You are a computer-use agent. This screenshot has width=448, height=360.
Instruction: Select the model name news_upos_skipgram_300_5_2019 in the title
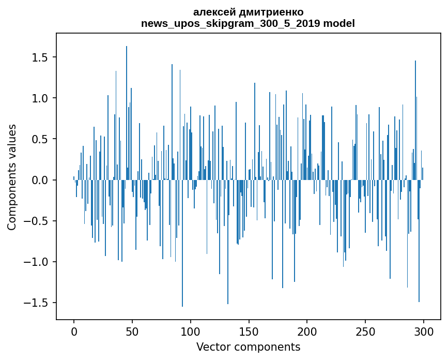(x=231, y=24)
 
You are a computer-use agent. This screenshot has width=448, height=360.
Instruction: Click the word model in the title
(x=339, y=24)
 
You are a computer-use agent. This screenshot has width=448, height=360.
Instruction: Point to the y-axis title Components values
(x=12, y=177)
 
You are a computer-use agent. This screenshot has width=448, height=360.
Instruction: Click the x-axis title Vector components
(x=248, y=347)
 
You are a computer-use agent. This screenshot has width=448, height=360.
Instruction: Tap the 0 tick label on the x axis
(x=74, y=330)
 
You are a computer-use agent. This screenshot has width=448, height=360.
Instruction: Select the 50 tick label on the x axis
(x=132, y=330)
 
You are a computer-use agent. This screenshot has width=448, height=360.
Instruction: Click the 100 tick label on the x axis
(x=191, y=330)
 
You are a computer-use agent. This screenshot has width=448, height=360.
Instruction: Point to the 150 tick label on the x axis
(x=249, y=330)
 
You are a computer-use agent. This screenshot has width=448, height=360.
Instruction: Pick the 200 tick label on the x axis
(x=307, y=330)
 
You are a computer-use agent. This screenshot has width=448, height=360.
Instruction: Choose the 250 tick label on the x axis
(x=365, y=330)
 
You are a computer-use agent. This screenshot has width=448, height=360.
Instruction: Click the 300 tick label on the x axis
(x=423, y=330)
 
